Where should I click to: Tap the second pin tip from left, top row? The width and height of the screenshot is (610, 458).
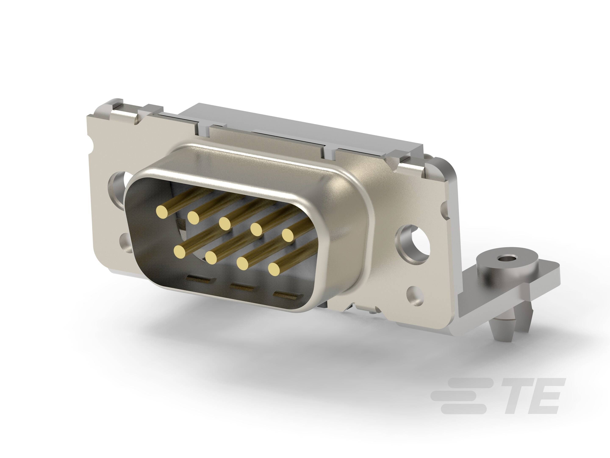tap(194, 217)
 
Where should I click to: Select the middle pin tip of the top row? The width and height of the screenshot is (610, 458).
tap(225, 223)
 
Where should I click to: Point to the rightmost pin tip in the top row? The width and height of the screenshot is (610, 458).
tap(288, 235)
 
